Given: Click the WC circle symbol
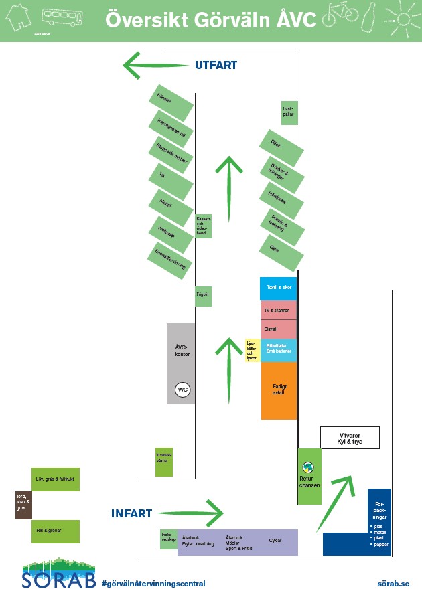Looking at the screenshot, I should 183,390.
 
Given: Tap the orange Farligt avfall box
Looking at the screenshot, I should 279,391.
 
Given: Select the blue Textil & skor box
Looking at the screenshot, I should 279,288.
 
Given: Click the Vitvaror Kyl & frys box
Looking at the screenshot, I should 350,438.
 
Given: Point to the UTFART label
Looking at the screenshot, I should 216,65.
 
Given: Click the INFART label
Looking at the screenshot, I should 132,514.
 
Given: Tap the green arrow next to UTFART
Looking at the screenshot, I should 155,66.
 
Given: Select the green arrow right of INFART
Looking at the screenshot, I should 191,513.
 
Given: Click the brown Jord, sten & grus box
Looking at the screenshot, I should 23,505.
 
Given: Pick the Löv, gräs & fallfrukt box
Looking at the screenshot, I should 56,479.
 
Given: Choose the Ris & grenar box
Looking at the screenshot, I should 56,531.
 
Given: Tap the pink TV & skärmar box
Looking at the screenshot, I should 279,311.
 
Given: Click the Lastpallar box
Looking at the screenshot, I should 289,113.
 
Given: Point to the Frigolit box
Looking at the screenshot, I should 203,295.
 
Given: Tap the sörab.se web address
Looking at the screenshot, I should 393,584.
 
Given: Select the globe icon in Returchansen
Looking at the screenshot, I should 309,467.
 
